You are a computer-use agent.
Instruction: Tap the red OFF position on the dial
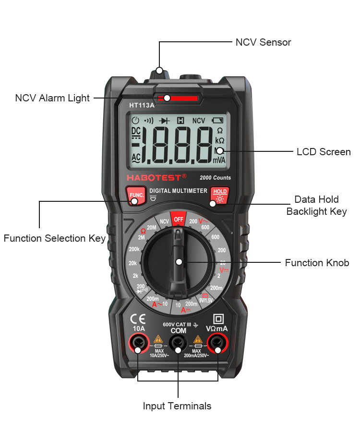[179, 219]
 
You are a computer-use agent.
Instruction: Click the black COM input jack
[178, 343]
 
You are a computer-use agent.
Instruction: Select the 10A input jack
[139, 343]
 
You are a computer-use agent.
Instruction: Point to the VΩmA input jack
[217, 343]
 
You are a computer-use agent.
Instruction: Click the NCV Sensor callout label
[263, 42]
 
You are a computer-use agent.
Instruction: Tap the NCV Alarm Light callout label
[52, 98]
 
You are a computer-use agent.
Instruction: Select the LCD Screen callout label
[324, 152]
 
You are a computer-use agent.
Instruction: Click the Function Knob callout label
[317, 263]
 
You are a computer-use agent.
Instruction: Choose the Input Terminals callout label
[177, 406]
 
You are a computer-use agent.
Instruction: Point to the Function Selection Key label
[55, 238]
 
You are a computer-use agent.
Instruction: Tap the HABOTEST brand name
[156, 178]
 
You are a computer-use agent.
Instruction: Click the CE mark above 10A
[139, 319]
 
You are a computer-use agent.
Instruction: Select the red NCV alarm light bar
[178, 98]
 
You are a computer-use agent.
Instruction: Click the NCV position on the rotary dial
[165, 222]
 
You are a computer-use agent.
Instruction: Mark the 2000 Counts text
[215, 178]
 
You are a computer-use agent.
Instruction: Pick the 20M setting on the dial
[152, 227]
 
